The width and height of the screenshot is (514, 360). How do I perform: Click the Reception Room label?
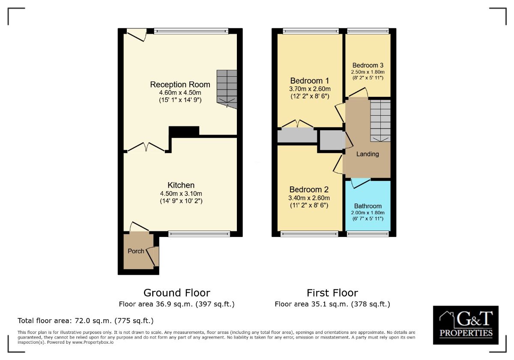tap(180, 84)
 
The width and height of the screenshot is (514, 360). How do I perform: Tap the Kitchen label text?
tap(181, 185)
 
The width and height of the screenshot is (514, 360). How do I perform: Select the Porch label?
tap(136, 251)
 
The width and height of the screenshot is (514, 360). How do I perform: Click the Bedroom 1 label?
tap(309, 81)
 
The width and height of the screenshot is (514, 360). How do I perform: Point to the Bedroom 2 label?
tap(309, 189)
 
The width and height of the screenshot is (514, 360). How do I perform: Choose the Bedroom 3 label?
tap(368, 65)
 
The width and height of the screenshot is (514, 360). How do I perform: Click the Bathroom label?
tap(368, 206)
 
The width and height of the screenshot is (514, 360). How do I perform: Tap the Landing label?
tap(368, 154)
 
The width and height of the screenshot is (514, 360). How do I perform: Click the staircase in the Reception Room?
tap(227, 88)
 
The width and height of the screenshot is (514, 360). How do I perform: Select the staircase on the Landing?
tap(380, 120)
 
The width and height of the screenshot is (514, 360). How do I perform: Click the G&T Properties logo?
tap(466, 325)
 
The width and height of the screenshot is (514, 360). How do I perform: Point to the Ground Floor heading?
tap(176, 293)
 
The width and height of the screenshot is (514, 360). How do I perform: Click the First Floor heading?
tap(332, 293)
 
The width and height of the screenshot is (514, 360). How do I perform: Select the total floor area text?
tap(85, 321)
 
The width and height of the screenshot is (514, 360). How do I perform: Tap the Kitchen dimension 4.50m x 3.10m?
tap(181, 193)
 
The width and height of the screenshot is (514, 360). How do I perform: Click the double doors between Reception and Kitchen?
tap(146, 147)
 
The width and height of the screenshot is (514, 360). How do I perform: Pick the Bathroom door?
tap(360, 183)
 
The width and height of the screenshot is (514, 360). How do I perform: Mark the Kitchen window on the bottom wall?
tap(199, 234)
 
